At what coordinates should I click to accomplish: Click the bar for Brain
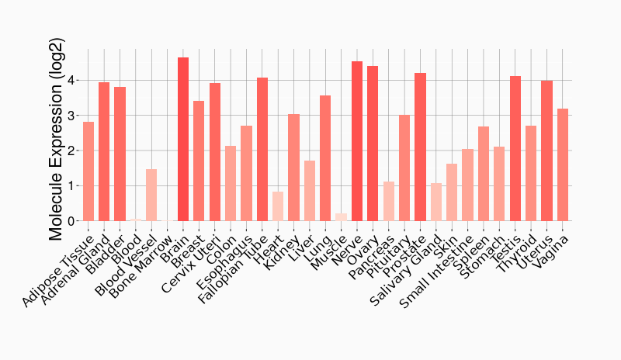[183, 140]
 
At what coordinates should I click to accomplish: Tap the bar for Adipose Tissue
[88, 171]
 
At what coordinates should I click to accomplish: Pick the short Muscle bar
[342, 217]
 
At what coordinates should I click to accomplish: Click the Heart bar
[278, 206]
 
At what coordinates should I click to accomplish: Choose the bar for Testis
[515, 148]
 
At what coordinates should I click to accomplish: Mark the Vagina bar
[563, 164]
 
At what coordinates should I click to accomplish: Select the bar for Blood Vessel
[151, 195]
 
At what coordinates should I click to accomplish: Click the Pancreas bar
[389, 201]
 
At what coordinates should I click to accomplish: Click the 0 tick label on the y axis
[71, 221]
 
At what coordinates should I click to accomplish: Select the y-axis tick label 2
[71, 151]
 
